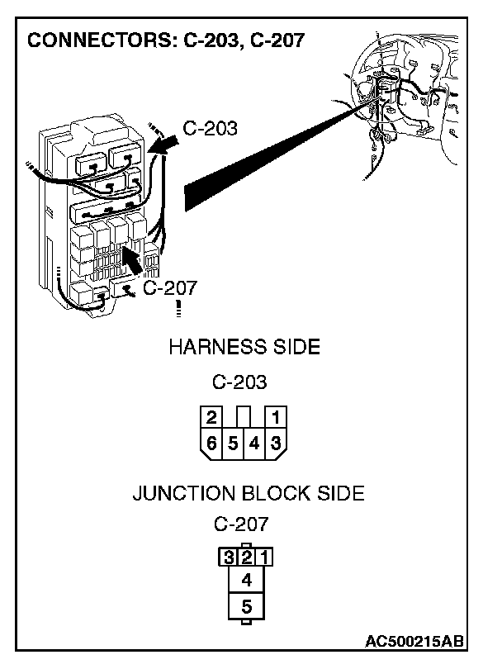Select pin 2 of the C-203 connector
pyautogui.click(x=212, y=417)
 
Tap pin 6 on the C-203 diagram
pyautogui.click(x=212, y=444)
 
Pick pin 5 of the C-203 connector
pyautogui.click(x=234, y=444)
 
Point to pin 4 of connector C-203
pyautogui.click(x=255, y=444)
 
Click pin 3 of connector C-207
pyautogui.click(x=226, y=557)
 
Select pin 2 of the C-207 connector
pyautogui.click(x=246, y=557)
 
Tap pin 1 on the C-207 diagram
pyautogui.click(x=266, y=557)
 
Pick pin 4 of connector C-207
pyautogui.click(x=246, y=580)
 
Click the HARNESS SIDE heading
pyautogui.click(x=244, y=347)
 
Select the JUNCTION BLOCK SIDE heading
pyautogui.click(x=248, y=494)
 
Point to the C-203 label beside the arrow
pyautogui.click(x=209, y=128)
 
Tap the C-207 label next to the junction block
pyautogui.click(x=169, y=287)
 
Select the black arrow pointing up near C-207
pyautogui.click(x=128, y=262)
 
